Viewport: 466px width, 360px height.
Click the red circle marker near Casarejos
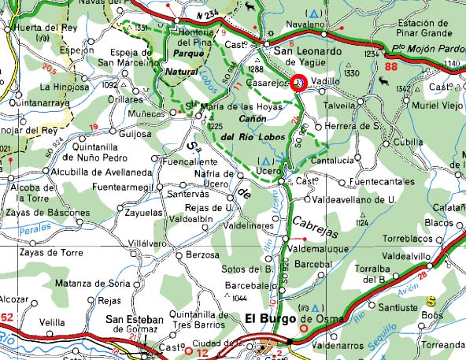[x=299, y=83]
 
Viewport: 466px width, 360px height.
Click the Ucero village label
[x=268, y=170]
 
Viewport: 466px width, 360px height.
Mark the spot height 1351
[x=142, y=28]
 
